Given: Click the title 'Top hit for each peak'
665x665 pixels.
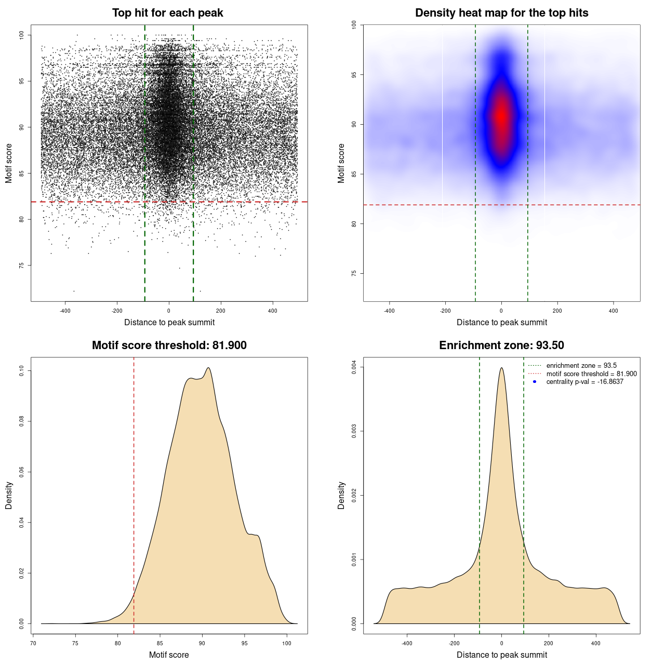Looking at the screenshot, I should pos(167,13).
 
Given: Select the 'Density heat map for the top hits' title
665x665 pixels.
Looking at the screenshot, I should pos(501,13).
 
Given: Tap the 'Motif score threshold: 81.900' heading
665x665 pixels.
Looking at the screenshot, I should pos(169,345).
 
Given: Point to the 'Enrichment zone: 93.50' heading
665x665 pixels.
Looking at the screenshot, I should pos(501,345).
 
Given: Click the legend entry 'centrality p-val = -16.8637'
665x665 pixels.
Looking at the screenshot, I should pos(584,382).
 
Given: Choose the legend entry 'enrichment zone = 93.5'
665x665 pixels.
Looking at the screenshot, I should pos(581,366).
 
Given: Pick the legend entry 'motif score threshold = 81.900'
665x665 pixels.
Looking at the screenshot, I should pos(591,374).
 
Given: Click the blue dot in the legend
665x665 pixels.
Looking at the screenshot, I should pos(535,382).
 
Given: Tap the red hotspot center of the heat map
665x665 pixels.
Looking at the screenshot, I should pos(501,116).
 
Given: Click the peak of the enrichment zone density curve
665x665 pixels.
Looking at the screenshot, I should pos(501,368).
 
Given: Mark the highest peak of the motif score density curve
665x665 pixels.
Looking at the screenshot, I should pos(208,368).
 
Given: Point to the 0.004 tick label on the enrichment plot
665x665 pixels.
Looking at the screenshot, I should pos(354,367).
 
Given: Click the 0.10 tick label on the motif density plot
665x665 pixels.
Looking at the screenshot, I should pos(21,370).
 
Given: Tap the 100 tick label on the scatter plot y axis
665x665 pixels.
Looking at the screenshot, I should pos(21,35).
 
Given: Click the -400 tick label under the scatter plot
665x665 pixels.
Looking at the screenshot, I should pos(65,311).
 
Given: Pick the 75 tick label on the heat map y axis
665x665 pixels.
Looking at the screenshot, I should pos(354,273).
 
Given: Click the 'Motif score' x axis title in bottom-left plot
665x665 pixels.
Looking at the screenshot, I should pos(169,655).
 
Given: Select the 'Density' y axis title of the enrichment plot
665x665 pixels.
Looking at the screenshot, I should pos(341,495).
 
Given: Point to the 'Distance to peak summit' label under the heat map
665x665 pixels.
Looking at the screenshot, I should pos(501,322).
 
